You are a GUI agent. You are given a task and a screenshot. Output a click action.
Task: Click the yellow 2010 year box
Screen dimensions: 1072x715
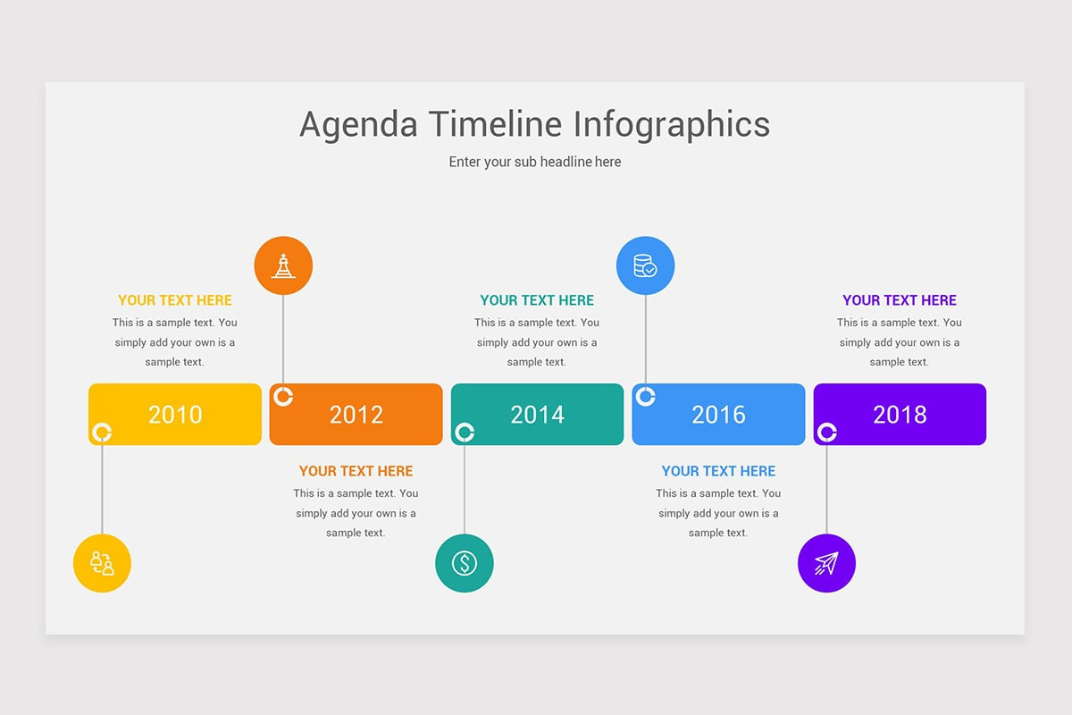pos(175,414)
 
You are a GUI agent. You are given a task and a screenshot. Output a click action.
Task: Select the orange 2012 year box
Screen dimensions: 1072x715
pos(356,414)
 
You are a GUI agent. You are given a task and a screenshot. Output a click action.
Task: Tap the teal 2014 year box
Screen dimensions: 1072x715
pos(537,414)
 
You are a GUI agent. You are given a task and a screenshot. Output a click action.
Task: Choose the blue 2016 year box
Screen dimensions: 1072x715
pos(718,414)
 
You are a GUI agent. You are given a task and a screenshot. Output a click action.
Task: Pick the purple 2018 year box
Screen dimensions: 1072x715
pos(900,414)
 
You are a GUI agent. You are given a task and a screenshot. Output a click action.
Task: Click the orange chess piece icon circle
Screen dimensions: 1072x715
pos(283,265)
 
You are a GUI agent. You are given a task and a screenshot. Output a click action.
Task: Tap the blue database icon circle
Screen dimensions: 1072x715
pos(645,265)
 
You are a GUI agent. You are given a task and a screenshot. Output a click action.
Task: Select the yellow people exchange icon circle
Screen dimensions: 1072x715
pos(102,563)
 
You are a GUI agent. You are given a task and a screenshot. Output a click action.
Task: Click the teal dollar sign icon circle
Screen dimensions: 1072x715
pos(465,563)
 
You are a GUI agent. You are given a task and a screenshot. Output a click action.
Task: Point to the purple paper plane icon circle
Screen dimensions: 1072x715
pos(826,563)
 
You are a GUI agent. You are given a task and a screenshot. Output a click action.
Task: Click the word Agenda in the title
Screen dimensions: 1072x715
pos(358,125)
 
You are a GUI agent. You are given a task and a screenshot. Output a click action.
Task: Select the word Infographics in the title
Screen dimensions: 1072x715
pos(672,125)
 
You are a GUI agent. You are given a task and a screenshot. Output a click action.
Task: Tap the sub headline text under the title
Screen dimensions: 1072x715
pos(535,162)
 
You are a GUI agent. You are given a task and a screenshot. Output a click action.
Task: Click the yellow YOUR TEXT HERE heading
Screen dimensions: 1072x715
pos(175,300)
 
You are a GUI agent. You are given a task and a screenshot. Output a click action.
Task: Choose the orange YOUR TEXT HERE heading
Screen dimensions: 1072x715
pos(356,471)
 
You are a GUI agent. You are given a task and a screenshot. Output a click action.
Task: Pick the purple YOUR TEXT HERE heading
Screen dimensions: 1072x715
pos(900,300)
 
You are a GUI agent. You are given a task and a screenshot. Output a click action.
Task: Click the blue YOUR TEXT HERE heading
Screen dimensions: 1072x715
pos(718,471)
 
